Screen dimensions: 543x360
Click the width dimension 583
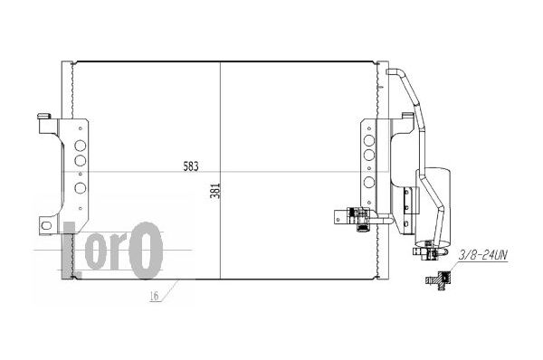(191, 166)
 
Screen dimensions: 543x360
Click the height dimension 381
(215, 191)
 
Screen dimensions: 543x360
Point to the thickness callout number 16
(155, 296)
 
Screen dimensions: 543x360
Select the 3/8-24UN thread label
(482, 255)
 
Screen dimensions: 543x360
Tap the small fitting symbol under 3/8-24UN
(438, 279)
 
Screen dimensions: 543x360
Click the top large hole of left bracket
(81, 146)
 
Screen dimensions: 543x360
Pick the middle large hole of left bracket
(81, 160)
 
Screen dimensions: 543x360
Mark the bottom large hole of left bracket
(81, 188)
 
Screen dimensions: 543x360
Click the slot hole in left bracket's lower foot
(46, 226)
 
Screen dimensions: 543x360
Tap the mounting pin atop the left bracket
(44, 117)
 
